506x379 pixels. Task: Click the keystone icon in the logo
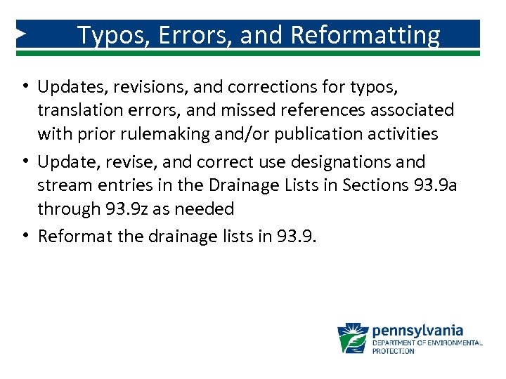pos(352,338)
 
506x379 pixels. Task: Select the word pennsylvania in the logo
pos(417,330)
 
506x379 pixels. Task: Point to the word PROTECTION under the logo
pos(393,351)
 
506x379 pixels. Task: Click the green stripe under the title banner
pos(253,53)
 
